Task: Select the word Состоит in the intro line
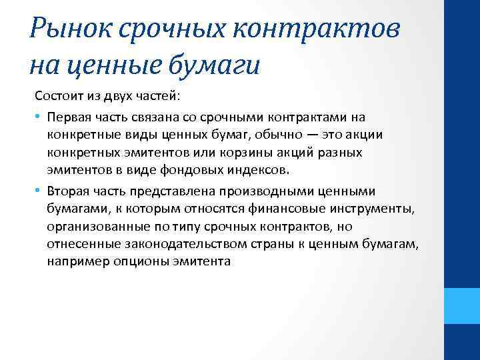point(58,97)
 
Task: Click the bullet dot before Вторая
point(39,191)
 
